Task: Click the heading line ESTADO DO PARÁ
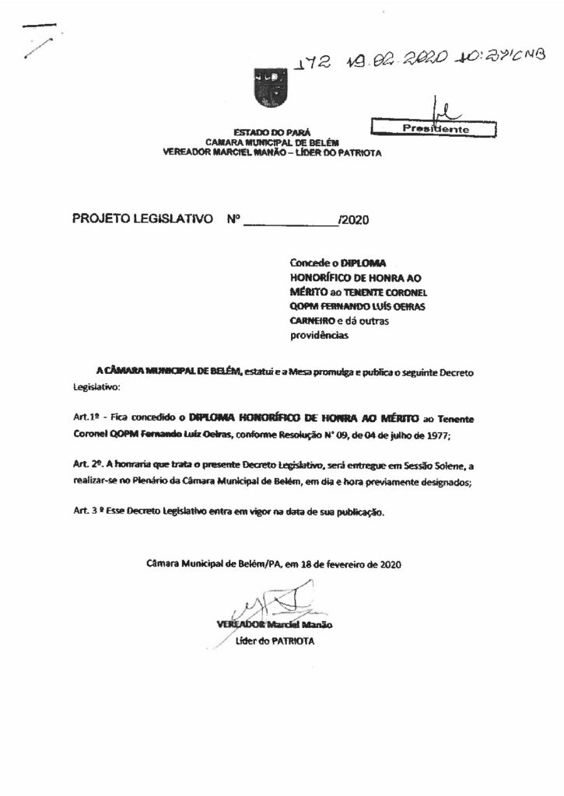269,134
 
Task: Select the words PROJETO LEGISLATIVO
142,220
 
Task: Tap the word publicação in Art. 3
356,513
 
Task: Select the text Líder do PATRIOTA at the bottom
275,641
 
